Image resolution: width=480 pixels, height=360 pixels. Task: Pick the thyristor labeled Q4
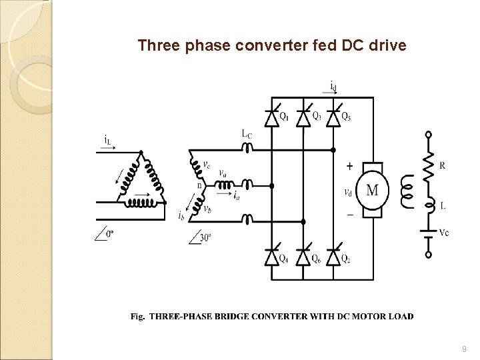(271, 257)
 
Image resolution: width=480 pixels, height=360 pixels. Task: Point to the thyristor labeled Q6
(303, 257)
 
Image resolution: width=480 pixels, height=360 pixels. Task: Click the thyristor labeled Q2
(334, 257)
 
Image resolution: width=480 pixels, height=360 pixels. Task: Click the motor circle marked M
(372, 190)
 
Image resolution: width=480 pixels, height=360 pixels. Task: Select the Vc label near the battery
(444, 232)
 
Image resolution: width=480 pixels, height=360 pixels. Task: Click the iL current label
(107, 139)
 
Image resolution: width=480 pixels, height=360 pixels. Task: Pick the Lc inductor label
(247, 134)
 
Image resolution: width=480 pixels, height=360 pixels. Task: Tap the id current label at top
(333, 85)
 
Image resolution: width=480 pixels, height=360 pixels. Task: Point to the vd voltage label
(348, 192)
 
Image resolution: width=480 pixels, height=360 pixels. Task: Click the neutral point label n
(198, 185)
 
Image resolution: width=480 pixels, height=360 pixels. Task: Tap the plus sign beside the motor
(349, 166)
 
